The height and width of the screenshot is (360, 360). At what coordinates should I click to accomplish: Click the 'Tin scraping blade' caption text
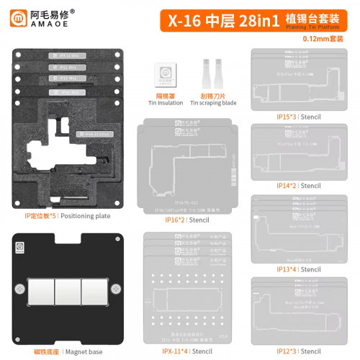[x=211, y=103]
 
